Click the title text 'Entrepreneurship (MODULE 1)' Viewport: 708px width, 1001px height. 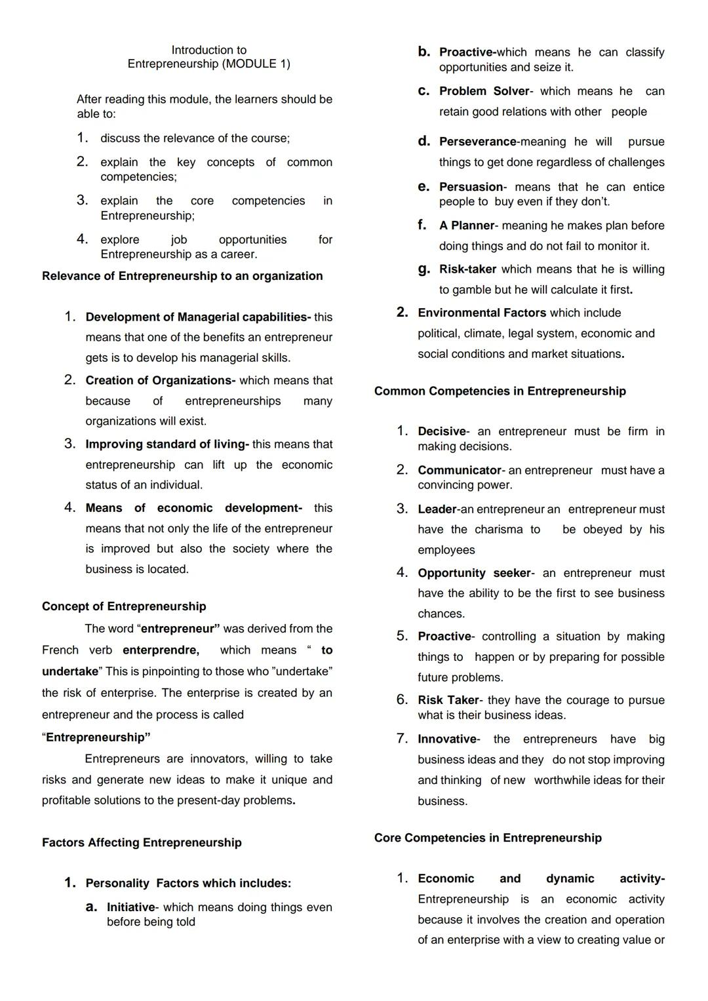click(x=208, y=64)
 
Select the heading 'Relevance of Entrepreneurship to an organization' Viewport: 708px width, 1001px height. click(x=182, y=276)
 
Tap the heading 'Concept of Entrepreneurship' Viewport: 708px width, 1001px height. click(x=124, y=606)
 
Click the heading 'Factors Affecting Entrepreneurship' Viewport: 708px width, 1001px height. click(x=142, y=842)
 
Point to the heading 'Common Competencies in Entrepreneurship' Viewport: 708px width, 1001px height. click(x=500, y=391)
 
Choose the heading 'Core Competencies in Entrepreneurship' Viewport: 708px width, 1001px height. click(x=488, y=838)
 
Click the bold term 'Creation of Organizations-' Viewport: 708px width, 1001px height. click(x=161, y=381)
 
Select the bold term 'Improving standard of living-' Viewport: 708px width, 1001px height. click(x=167, y=444)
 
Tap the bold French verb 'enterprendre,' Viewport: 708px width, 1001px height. click(x=161, y=650)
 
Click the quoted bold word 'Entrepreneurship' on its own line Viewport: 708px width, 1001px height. click(x=98, y=737)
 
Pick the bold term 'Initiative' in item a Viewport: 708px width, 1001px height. click(x=131, y=908)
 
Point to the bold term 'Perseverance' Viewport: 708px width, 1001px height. click(x=478, y=142)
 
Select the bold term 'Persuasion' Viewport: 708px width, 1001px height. click(x=471, y=187)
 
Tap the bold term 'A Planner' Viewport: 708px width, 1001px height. click(x=467, y=226)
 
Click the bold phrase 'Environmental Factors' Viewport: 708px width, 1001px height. click(x=482, y=313)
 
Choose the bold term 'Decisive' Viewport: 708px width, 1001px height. click(x=442, y=432)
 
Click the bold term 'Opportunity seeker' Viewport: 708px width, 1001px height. click(x=474, y=574)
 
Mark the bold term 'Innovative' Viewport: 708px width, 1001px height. click(x=447, y=739)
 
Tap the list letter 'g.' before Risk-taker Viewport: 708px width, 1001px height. click(x=424, y=269)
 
